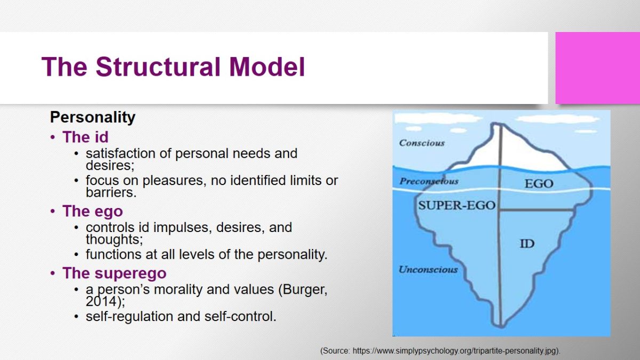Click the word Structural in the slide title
click(158, 67)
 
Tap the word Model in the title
click(267, 67)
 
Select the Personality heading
click(93, 117)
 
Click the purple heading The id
click(85, 137)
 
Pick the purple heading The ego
click(93, 212)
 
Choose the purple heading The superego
click(114, 273)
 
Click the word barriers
click(111, 193)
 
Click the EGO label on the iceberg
click(539, 183)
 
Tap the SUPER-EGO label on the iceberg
click(457, 205)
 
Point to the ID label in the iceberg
click(527, 244)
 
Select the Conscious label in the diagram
click(422, 143)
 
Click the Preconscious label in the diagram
click(429, 181)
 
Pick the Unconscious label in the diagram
click(428, 269)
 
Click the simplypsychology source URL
click(455, 351)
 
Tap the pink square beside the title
click(598, 68)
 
